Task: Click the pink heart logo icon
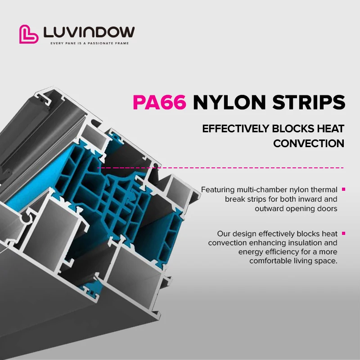coord(29,34)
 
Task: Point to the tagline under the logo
coord(89,43)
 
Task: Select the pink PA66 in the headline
coord(159,103)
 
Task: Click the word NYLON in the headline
coord(227,103)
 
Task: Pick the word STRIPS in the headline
coord(307,103)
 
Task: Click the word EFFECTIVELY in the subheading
coord(235,129)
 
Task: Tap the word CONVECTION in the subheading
coord(309,144)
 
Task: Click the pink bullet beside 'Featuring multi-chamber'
coord(344,189)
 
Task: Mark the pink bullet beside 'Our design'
coord(344,233)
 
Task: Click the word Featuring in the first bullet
coord(218,190)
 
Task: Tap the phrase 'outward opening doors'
coord(296,208)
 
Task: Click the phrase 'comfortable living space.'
coord(293,261)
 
